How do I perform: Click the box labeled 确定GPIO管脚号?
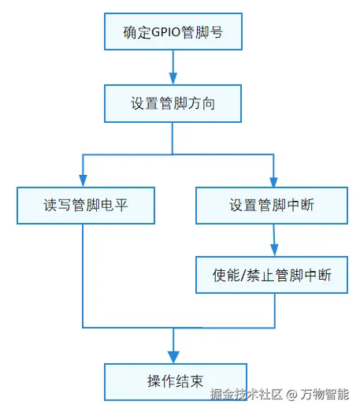pyautogui.click(x=173, y=32)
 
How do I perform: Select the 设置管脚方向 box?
pyautogui.click(x=173, y=103)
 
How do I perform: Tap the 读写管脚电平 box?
pyautogui.click(x=86, y=206)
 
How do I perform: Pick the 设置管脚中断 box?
pyautogui.click(x=272, y=206)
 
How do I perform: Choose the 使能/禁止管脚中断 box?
pyautogui.click(x=272, y=275)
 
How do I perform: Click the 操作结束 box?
pyautogui.click(x=176, y=382)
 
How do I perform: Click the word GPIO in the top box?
pyautogui.click(x=166, y=32)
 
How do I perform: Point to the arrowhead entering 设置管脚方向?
pyautogui.click(x=173, y=78)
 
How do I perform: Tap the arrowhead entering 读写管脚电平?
pyautogui.click(x=83, y=180)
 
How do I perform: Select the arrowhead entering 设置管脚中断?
pyautogui.click(x=273, y=181)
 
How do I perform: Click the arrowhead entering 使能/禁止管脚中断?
pyautogui.click(x=274, y=251)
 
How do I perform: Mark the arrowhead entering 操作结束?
pyautogui.click(x=173, y=357)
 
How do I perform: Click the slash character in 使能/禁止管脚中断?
pyautogui.click(x=243, y=276)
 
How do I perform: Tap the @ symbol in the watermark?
pyautogui.click(x=291, y=395)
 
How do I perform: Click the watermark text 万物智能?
pyautogui.click(x=325, y=394)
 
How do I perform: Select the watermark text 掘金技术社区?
pyautogui.click(x=247, y=394)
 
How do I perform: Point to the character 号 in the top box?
pyautogui.click(x=217, y=32)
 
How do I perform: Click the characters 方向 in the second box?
pyautogui.click(x=202, y=103)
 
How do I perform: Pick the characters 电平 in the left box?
pyautogui.click(x=114, y=205)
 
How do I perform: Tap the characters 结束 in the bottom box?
pyautogui.click(x=190, y=381)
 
